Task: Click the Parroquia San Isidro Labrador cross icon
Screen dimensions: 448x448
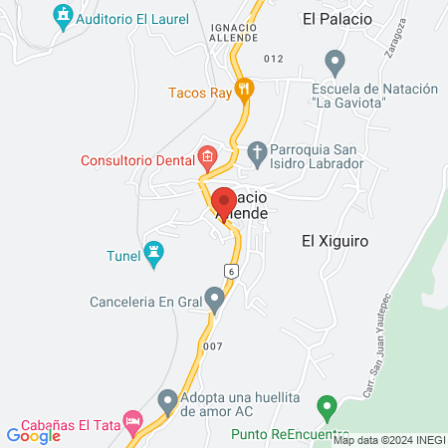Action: (257, 152)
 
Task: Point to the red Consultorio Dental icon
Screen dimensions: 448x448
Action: (207, 156)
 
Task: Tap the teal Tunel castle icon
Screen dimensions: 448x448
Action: (153, 254)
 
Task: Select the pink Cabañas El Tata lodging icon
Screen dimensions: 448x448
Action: (131, 421)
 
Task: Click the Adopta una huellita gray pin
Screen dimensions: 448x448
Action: (166, 400)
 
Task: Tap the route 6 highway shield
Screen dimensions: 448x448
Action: (231, 271)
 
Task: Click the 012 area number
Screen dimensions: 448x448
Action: (274, 60)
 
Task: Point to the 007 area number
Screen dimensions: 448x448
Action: (211, 346)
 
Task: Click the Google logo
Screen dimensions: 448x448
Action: (33, 435)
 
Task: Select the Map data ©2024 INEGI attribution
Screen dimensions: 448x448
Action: (388, 439)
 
